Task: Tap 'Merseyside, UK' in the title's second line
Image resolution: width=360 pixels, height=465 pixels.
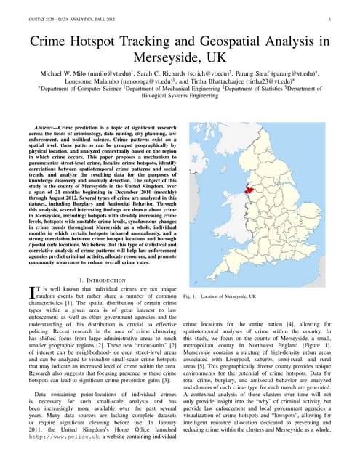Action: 180,57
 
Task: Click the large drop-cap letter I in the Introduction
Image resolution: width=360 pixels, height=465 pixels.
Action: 31,292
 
